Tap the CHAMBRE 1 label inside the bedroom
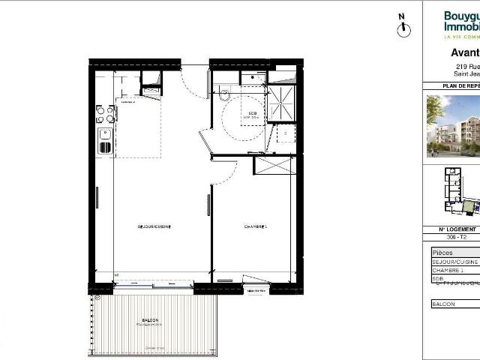(255, 226)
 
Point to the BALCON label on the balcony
(151, 320)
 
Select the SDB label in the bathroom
(250, 113)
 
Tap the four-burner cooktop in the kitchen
(105, 114)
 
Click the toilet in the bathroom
(224, 94)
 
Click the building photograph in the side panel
(453, 125)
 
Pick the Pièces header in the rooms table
(443, 253)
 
